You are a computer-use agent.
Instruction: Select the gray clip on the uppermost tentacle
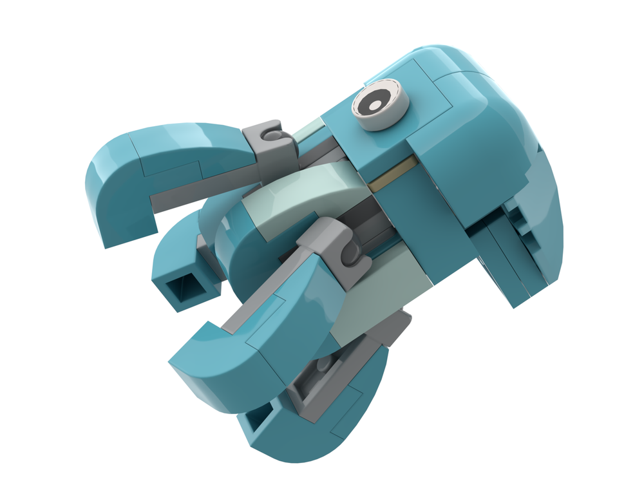(265, 142)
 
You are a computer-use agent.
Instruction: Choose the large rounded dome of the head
(477, 116)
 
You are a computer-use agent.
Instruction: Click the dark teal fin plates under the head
(509, 251)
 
